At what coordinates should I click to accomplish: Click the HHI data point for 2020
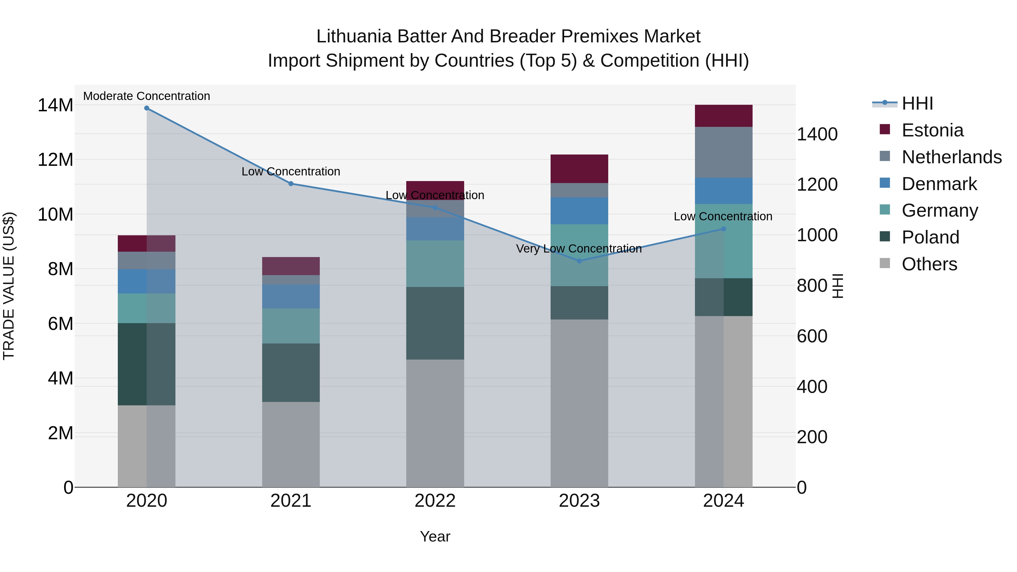(x=146, y=108)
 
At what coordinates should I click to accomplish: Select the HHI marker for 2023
(x=579, y=261)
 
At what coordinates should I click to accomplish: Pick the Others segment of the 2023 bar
(x=579, y=403)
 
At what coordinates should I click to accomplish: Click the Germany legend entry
(x=940, y=210)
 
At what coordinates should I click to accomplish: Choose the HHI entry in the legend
(x=917, y=103)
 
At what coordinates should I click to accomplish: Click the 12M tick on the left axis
(x=55, y=160)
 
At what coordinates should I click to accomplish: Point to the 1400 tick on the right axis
(x=817, y=134)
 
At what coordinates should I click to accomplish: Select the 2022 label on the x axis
(x=435, y=501)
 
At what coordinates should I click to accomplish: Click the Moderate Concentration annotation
(x=146, y=96)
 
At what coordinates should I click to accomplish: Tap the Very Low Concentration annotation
(x=579, y=249)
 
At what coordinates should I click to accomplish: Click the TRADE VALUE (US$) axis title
(x=9, y=286)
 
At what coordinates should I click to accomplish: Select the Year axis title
(x=435, y=536)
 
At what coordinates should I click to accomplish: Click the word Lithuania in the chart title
(x=353, y=36)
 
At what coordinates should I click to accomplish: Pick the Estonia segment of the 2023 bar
(x=579, y=169)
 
